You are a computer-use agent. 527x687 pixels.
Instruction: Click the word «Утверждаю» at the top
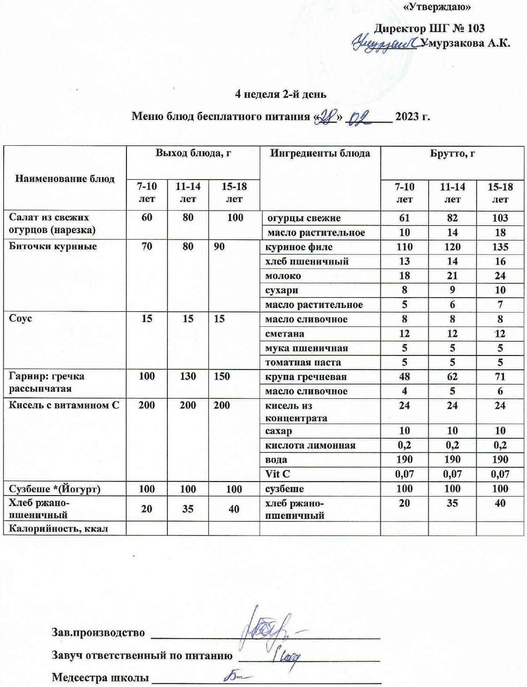click(437, 7)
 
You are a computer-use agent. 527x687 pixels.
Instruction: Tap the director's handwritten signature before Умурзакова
click(385, 44)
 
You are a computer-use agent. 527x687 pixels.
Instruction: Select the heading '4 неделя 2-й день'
click(281, 94)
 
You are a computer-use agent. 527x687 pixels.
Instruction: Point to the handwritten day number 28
click(327, 116)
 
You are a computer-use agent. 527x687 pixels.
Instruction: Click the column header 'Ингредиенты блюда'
click(320, 153)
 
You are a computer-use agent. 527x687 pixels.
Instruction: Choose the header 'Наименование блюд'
click(65, 178)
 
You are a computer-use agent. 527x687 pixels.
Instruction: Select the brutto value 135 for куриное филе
click(500, 247)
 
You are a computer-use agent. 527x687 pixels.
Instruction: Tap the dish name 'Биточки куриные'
click(53, 246)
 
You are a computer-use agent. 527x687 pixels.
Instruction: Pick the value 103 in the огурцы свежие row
click(500, 218)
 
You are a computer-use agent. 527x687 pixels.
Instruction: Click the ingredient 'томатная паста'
click(303, 363)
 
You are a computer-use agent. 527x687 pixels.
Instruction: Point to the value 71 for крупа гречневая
click(500, 377)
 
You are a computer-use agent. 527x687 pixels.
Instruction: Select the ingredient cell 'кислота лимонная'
click(310, 445)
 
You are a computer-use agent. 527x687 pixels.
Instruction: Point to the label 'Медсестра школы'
click(99, 678)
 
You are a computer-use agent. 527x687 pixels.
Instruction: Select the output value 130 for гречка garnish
click(188, 377)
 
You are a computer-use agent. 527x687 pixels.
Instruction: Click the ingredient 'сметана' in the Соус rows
click(284, 334)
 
